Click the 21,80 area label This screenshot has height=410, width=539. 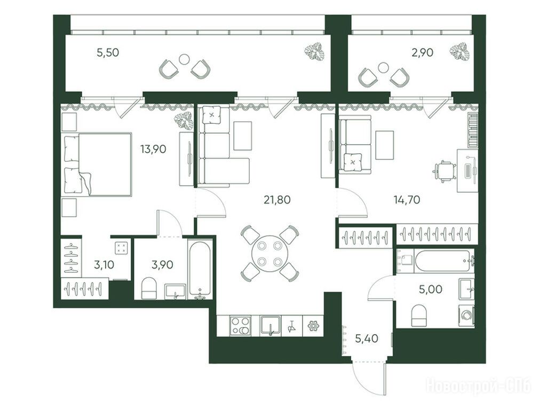tap(277, 200)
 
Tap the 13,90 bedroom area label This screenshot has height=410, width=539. tap(153, 149)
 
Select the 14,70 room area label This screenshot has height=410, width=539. tap(407, 200)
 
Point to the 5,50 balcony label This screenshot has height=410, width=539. tap(108, 53)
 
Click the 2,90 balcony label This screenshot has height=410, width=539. tap(423, 53)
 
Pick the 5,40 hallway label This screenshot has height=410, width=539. tap(367, 339)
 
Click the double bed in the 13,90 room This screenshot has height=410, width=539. tap(98, 164)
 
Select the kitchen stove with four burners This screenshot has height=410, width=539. tap(240, 326)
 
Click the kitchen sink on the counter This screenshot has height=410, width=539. tap(271, 326)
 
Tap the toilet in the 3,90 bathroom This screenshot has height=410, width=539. tap(149, 288)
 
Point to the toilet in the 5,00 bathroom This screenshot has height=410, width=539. tap(419, 316)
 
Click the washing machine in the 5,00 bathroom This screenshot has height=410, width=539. tap(466, 315)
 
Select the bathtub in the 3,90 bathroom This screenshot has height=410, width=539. tap(200, 269)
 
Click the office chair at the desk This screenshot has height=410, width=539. tap(445, 170)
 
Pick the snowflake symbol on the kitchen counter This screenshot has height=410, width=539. tap(313, 326)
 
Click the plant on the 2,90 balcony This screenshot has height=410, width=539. tap(460, 52)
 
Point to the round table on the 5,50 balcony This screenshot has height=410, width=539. tap(185, 59)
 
